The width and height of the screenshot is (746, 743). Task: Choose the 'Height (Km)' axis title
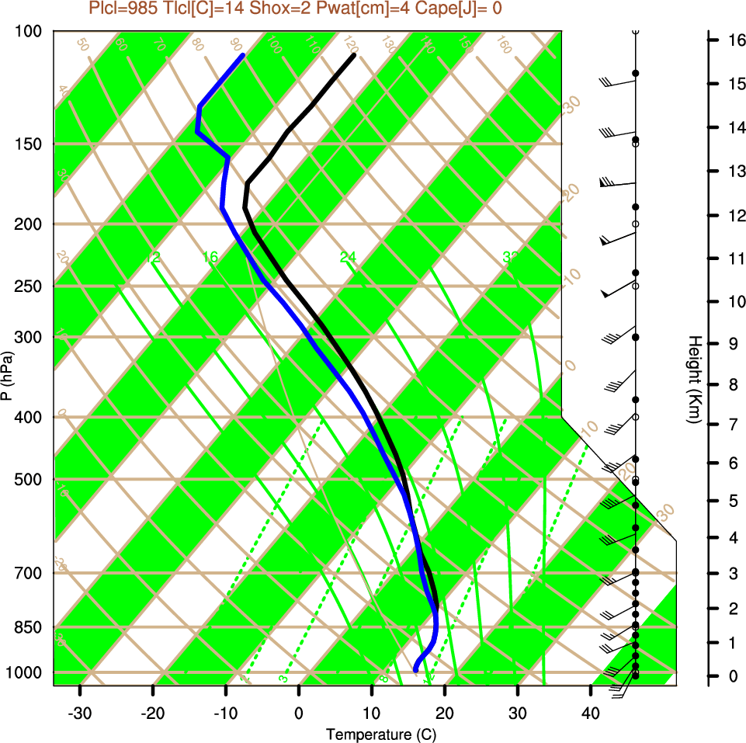695,380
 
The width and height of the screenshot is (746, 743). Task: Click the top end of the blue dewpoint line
244,55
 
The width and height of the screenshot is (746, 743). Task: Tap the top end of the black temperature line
354,55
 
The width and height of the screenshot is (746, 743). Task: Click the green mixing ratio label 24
348,257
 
